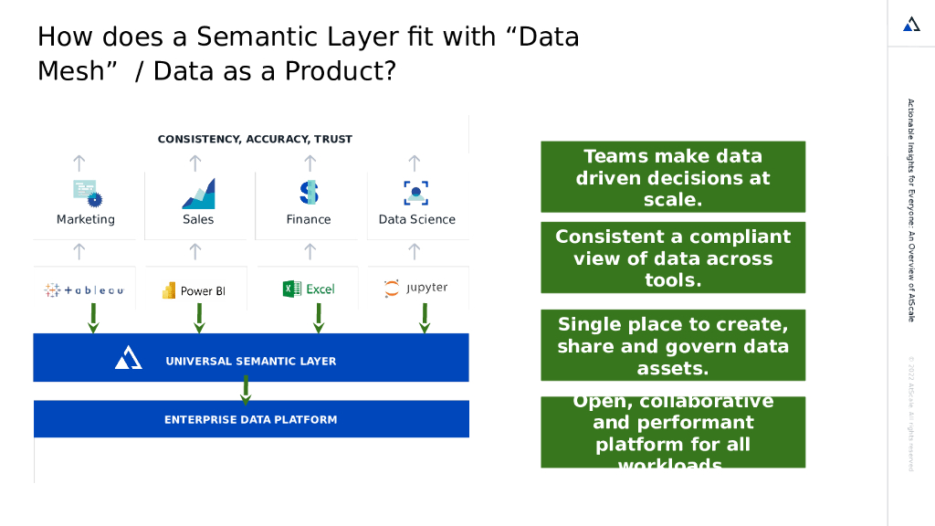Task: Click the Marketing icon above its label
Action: [87, 193]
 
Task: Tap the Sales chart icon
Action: [198, 194]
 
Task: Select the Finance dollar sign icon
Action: [310, 192]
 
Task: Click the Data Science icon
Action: [416, 193]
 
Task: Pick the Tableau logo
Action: [84, 290]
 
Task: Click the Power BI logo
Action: [194, 290]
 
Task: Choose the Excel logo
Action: [309, 289]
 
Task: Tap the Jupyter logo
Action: [416, 288]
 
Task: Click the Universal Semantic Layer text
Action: [250, 362]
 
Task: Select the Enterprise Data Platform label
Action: [250, 420]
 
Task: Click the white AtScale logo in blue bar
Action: [128, 359]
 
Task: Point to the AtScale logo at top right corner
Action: [911, 25]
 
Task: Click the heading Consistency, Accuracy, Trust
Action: [255, 140]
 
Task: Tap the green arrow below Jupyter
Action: [425, 318]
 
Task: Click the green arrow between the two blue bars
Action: [245, 391]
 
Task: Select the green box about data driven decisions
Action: [672, 177]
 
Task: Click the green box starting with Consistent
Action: [672, 258]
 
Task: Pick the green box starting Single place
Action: [672, 346]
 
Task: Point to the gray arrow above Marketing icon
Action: [79, 163]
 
